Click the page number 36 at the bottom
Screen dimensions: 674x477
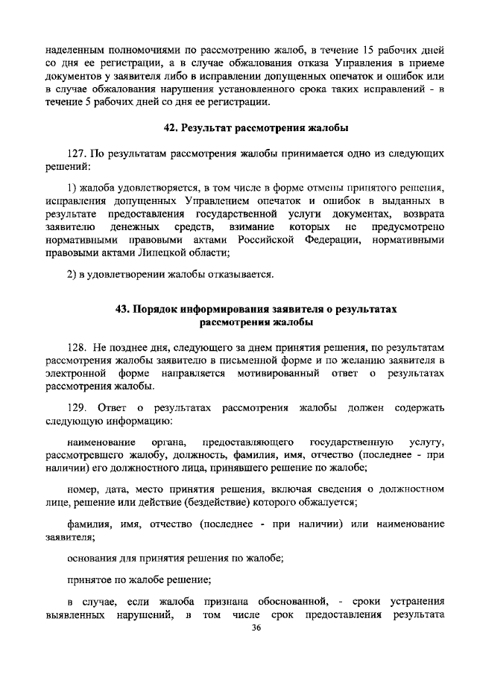coord(256,629)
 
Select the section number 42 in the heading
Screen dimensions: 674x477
coord(171,128)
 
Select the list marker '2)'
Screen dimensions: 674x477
coord(72,274)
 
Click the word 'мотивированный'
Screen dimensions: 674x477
coord(286,374)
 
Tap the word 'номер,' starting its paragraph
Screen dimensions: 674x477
coord(82,489)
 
